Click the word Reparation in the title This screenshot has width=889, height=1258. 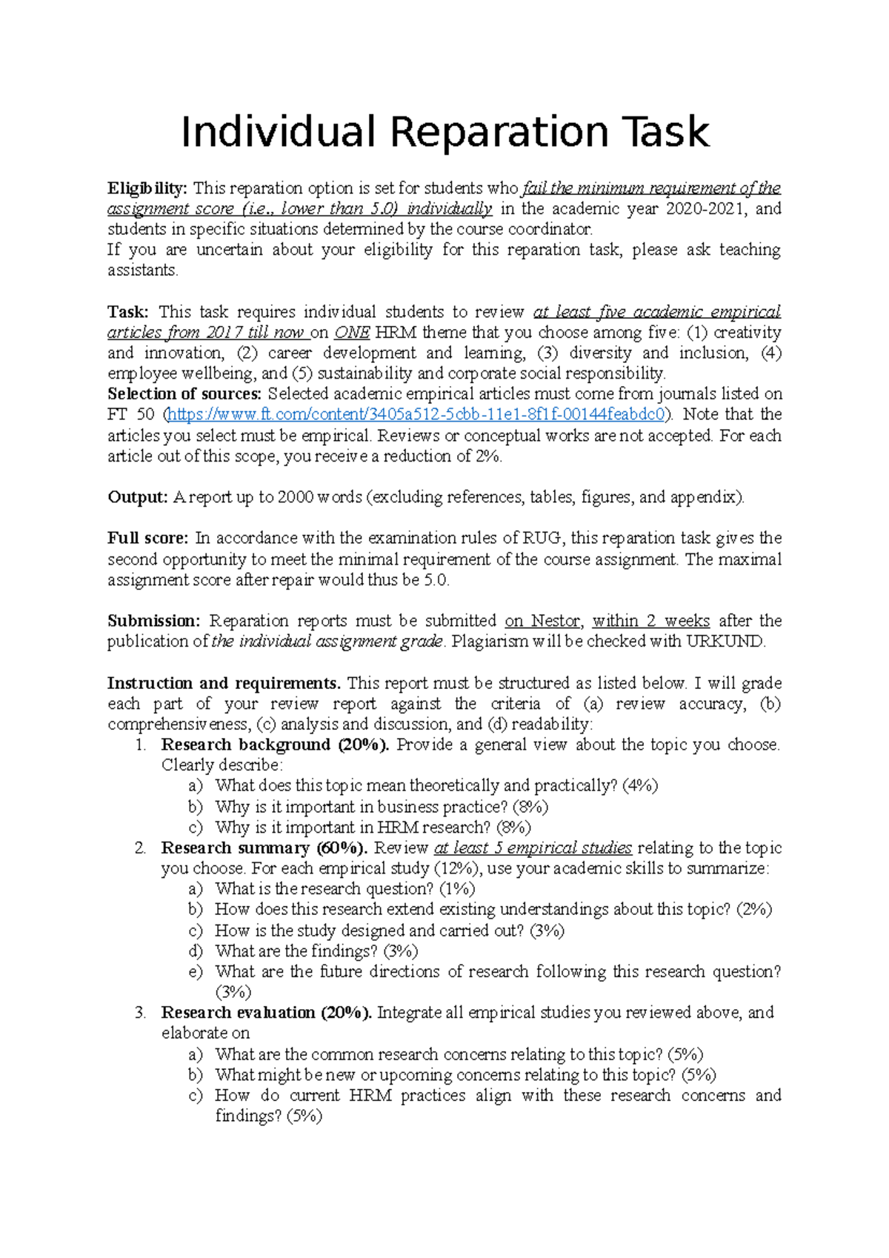click(x=499, y=132)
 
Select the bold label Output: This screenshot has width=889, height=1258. click(x=138, y=497)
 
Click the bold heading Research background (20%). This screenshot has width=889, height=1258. click(x=274, y=745)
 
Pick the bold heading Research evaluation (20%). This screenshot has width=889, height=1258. click(x=266, y=1012)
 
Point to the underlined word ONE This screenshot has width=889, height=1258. click(x=352, y=332)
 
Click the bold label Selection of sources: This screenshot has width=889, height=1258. click(x=184, y=393)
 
